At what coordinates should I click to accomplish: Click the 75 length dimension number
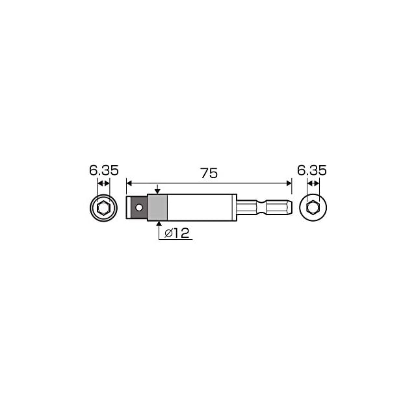click(209, 174)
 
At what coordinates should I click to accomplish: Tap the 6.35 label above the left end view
click(104, 170)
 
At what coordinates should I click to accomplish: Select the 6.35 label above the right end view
click(312, 170)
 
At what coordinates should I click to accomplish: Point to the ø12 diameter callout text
click(177, 233)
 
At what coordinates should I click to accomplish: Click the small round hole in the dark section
click(138, 207)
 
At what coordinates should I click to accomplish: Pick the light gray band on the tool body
click(157, 208)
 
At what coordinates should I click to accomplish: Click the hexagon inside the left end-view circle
click(103, 208)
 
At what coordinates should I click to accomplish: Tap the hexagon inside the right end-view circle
click(313, 207)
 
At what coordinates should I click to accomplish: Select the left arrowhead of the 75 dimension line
click(129, 183)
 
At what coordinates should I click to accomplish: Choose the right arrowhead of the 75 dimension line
click(289, 183)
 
